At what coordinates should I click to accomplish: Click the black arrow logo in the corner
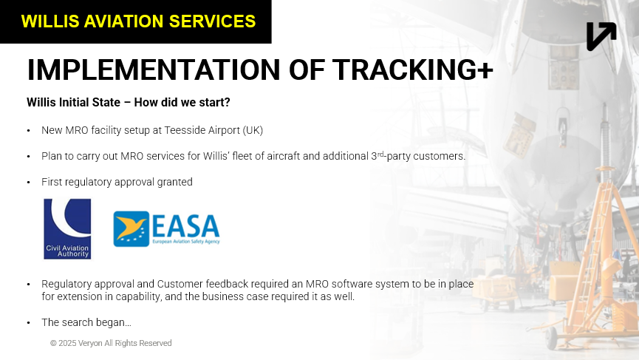click(601, 36)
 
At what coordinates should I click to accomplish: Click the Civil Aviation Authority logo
click(67, 228)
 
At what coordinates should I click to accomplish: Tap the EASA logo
click(166, 228)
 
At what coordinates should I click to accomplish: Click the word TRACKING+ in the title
click(413, 69)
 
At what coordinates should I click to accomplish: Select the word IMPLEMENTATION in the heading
click(154, 69)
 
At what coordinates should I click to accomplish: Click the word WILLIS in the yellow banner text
click(50, 21)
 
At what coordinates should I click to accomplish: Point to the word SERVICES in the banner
click(212, 21)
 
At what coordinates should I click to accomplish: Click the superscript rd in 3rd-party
click(380, 154)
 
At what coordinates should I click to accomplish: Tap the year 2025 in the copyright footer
click(67, 343)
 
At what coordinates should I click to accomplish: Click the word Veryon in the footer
click(90, 343)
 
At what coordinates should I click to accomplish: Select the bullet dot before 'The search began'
click(29, 322)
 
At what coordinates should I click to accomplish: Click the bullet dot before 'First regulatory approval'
click(29, 183)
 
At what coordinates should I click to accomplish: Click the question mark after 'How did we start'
click(227, 102)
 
